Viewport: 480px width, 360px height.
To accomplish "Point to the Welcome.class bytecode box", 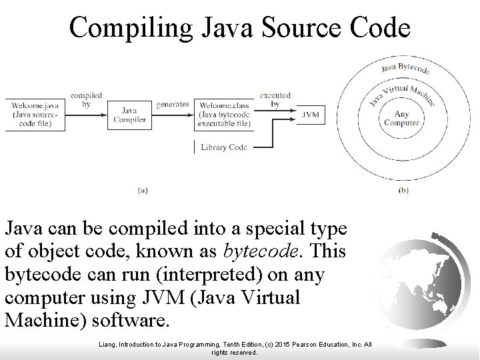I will coord(223,113).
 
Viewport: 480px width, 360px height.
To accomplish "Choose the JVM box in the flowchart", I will coord(309,114).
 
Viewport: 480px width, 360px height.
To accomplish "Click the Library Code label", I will coord(223,147).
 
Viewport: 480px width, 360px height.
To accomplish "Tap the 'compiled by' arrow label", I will coord(86,99).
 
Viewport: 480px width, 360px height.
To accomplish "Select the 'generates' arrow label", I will coord(171,104).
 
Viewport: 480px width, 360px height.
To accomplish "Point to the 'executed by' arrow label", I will coord(275,99).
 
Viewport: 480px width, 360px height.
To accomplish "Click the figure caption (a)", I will coord(142,189).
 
